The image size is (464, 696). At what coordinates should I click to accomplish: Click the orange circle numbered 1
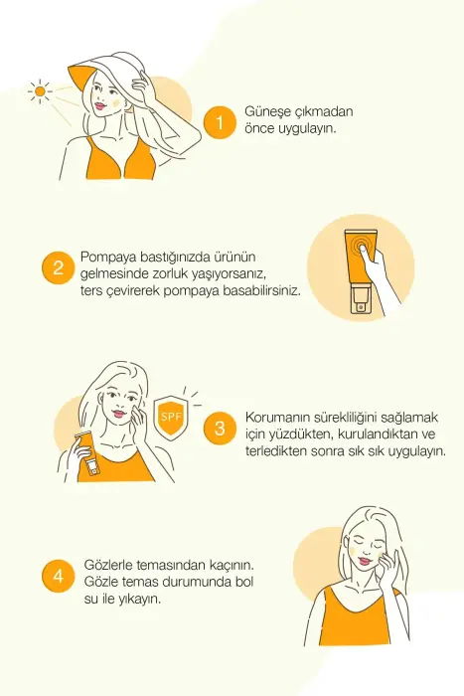pos(217,122)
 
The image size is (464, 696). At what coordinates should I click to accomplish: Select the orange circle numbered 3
pos(220,431)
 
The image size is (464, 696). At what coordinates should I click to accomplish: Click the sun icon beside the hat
pos(40,92)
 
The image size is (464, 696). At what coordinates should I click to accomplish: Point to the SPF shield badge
pos(169,415)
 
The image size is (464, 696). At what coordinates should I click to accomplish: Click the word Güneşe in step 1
pos(267,112)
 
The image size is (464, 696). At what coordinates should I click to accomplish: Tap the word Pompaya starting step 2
pos(108,255)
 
